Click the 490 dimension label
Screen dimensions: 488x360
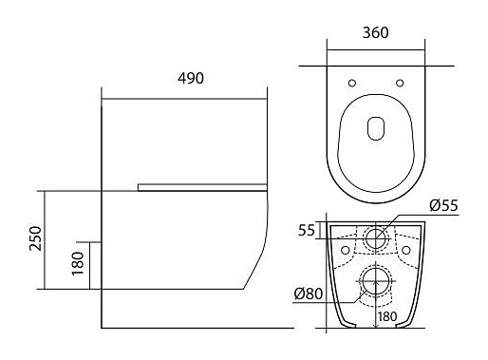191,78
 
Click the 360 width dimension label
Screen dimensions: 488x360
376,32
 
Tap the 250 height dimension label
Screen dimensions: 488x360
35,238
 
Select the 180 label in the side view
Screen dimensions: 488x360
78,263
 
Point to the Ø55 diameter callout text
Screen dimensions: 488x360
443,206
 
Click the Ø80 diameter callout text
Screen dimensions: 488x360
309,294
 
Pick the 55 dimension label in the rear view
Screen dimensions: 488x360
307,230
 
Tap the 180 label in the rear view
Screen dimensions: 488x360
387,316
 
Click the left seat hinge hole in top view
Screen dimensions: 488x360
352,83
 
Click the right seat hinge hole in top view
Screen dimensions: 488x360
400,83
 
